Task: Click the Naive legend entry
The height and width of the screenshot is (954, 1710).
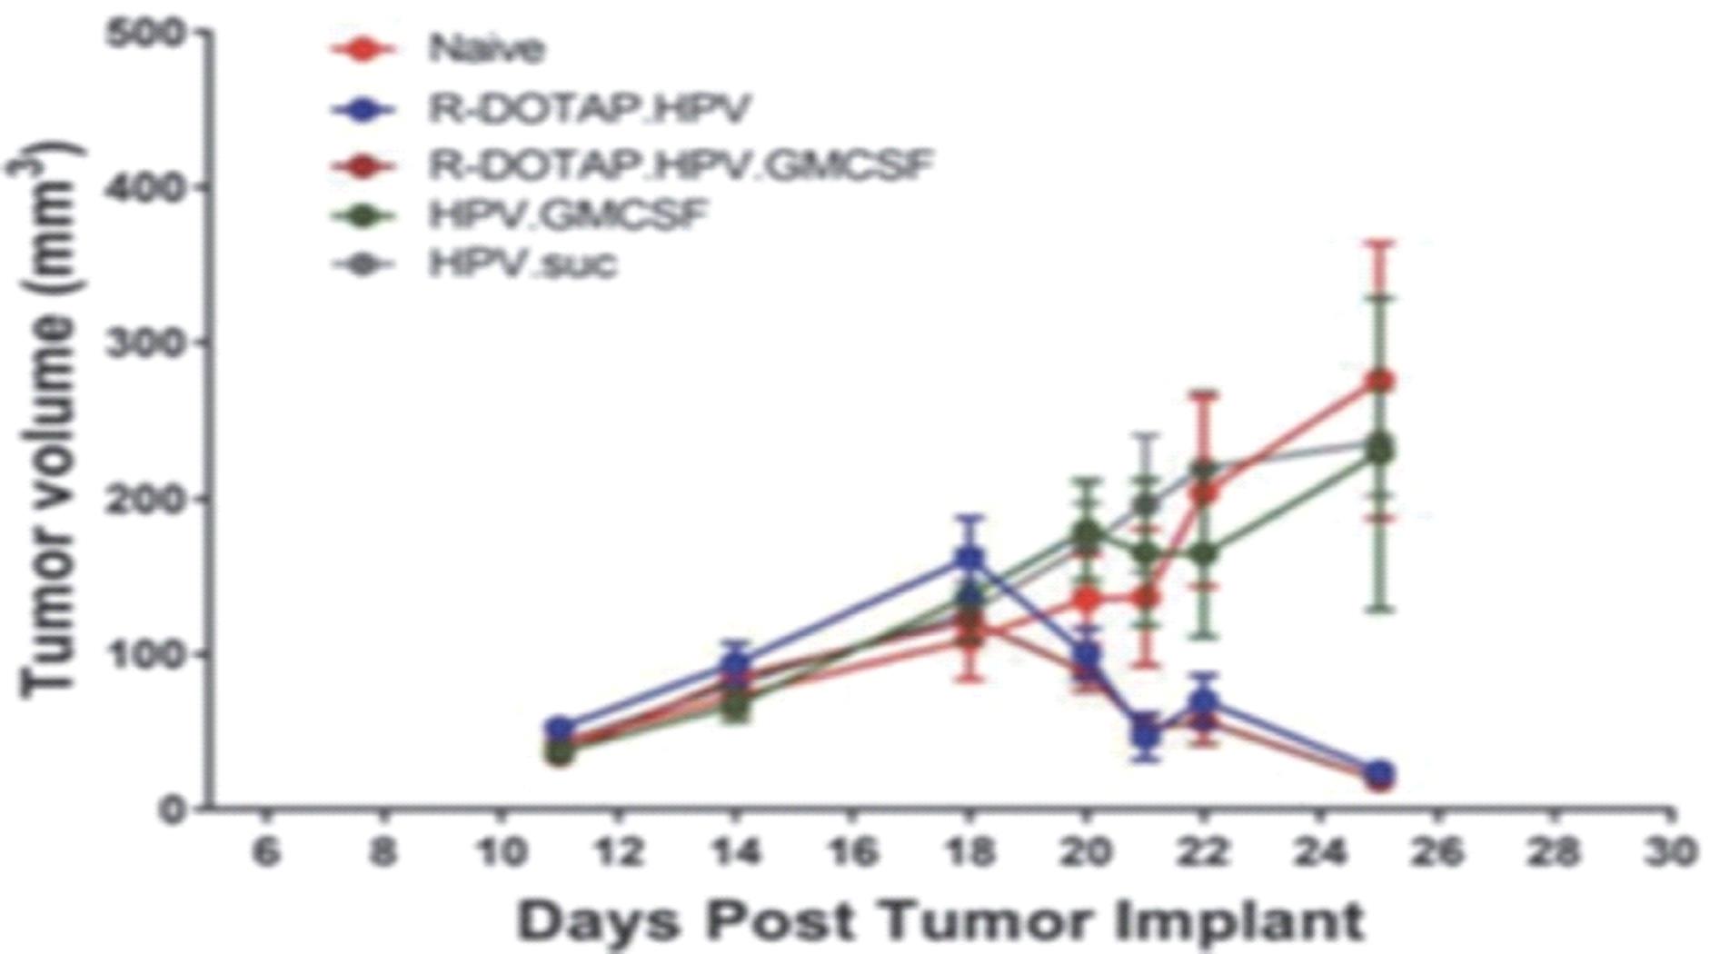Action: click(x=487, y=47)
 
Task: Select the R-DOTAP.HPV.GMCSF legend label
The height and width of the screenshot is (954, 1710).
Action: click(x=681, y=165)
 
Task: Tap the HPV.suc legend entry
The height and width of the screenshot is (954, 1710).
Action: click(x=522, y=263)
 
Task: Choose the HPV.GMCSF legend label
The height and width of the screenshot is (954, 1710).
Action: click(x=568, y=215)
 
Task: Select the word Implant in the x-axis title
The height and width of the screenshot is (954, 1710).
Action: click(x=1239, y=921)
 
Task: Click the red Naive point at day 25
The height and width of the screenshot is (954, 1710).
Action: click(x=1380, y=381)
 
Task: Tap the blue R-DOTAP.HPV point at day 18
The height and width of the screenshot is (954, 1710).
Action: click(x=969, y=558)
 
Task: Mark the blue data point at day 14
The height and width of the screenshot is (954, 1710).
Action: click(x=734, y=663)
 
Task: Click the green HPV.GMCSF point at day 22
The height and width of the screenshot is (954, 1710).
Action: click(x=1204, y=552)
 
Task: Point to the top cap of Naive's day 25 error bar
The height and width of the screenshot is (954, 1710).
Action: click(x=1380, y=243)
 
